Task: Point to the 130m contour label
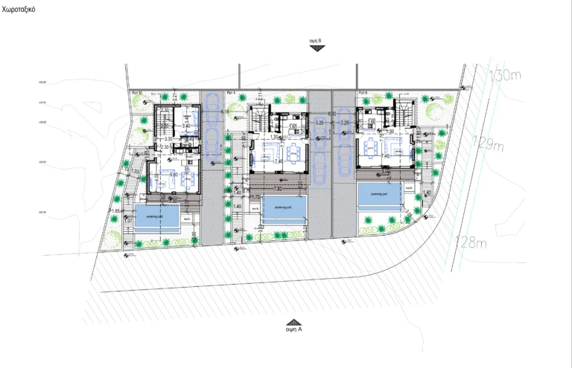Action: (x=507, y=74)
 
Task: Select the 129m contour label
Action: (x=492, y=146)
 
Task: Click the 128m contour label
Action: (x=471, y=242)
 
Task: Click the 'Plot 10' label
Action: (x=136, y=93)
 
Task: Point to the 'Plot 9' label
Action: (x=230, y=93)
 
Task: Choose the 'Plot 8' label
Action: (x=363, y=93)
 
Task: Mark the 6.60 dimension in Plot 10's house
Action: (x=173, y=174)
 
